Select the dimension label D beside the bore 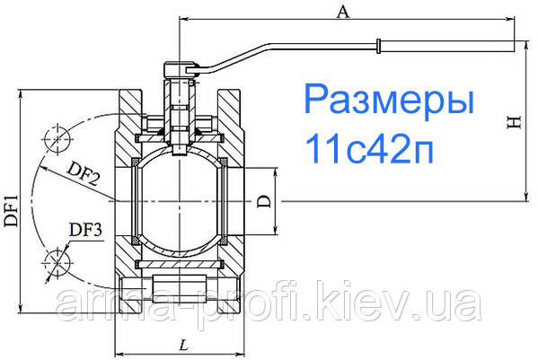point(262,204)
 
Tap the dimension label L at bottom point(183,344)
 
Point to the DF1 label point(11,201)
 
